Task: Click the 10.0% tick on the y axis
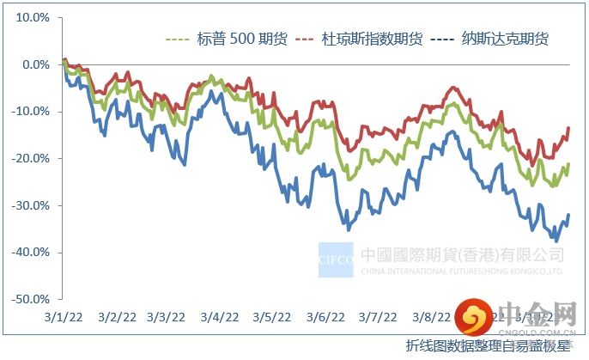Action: click(31, 17)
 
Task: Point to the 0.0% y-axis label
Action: click(33, 64)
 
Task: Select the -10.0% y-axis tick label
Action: click(29, 112)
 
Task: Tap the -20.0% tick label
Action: click(29, 159)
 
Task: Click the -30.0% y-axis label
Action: click(29, 205)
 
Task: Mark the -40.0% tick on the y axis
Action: click(29, 253)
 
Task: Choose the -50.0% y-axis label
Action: click(29, 300)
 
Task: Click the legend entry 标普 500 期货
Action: click(229, 40)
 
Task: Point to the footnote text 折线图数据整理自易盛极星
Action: click(489, 346)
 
